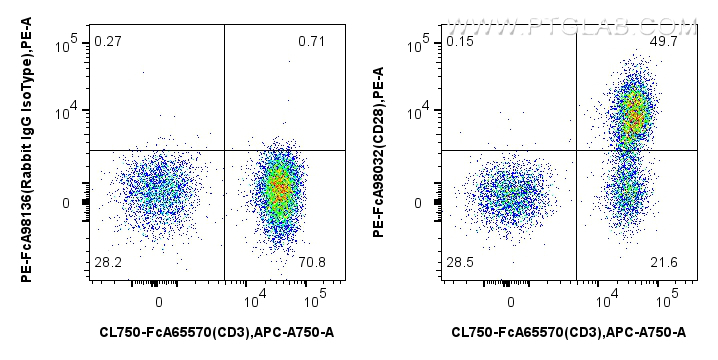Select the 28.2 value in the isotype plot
tap(107, 262)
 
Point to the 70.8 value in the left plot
tap(311, 262)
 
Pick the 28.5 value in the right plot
tap(459, 262)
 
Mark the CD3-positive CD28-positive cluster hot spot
tap(634, 115)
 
